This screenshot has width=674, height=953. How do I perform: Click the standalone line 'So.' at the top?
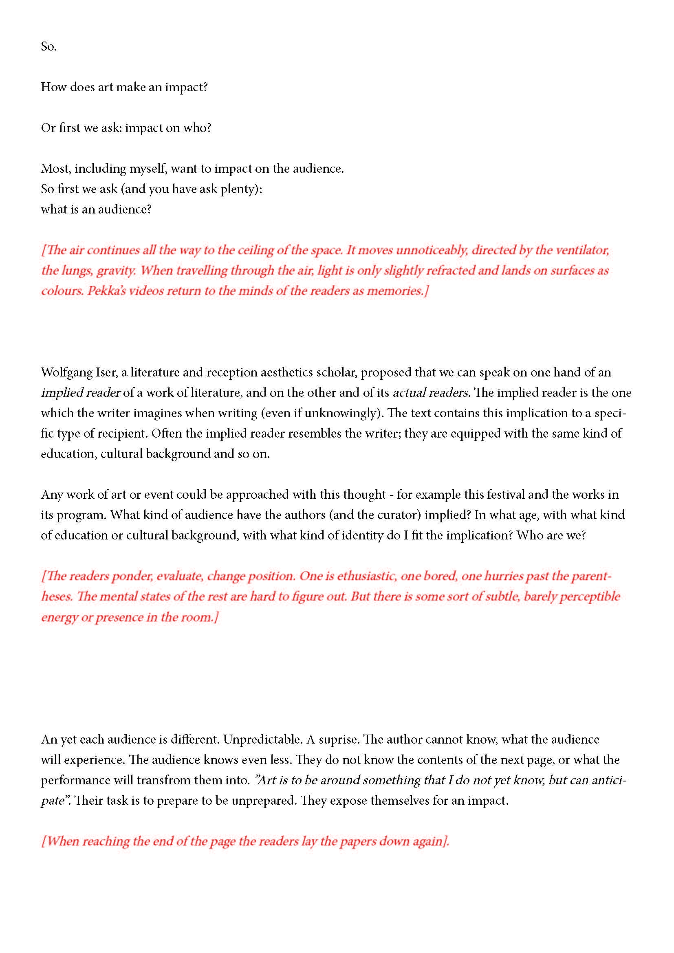tap(48, 46)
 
